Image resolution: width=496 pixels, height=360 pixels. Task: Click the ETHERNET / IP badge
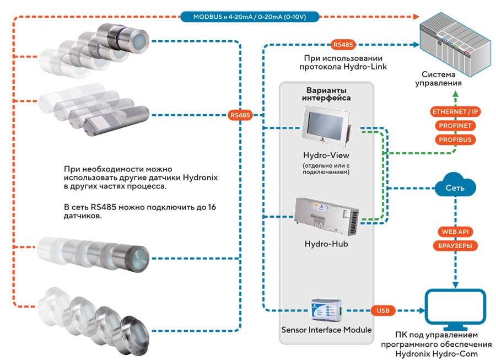455,112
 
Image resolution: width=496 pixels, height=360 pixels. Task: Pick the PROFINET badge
455,126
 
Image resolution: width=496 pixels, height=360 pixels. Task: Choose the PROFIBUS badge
455,139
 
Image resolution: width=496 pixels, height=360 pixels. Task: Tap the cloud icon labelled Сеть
455,186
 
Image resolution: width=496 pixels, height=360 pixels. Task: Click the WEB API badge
455,232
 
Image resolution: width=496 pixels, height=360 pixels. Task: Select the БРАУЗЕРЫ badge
455,245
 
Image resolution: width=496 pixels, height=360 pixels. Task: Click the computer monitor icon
456,309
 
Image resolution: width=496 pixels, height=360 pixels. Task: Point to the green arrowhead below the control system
455,94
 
